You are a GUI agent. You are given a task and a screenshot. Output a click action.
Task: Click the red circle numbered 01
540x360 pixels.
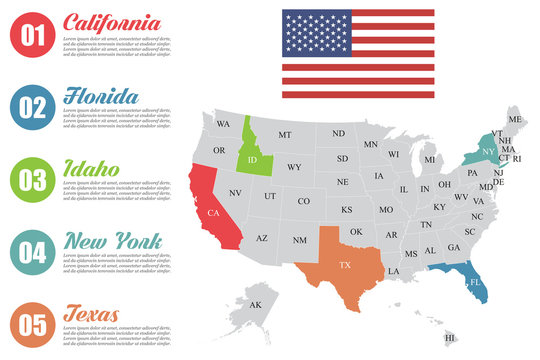[x=33, y=36]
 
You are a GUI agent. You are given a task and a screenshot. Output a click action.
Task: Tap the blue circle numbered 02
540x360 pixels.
[x=33, y=108]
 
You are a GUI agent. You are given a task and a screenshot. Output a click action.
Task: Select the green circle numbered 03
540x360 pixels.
[x=33, y=180]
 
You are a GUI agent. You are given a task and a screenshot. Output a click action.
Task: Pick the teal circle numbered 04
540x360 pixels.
[x=33, y=252]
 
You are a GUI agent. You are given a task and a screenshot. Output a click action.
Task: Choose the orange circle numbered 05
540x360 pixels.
[x=33, y=324]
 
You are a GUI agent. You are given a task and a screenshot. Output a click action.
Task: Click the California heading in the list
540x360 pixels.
[x=110, y=23]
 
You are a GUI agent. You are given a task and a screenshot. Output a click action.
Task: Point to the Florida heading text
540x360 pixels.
[x=100, y=96]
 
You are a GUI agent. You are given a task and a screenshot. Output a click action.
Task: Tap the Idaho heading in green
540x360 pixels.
[x=92, y=169]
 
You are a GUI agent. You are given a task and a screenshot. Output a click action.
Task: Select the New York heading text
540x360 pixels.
[x=111, y=241]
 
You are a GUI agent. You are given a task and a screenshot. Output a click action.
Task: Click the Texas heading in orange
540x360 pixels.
[x=92, y=314]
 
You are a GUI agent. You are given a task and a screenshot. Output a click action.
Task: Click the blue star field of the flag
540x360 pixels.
[x=312, y=31]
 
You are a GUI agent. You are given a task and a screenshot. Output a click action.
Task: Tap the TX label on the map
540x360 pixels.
[x=345, y=265]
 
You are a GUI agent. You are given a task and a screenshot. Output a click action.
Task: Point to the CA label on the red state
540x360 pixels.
[x=213, y=213]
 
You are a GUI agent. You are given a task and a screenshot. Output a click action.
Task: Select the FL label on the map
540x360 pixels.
[x=476, y=282]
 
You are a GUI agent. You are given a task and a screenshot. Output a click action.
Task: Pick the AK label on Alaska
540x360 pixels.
[x=255, y=305]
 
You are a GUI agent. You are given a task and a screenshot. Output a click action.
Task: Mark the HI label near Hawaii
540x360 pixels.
[x=449, y=339]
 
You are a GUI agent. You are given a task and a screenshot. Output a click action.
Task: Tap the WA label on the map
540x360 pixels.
[x=223, y=124]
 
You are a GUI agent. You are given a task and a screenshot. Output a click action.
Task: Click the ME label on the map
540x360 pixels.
[x=515, y=120]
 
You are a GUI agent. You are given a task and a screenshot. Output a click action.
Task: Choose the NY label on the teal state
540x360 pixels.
[x=487, y=151]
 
